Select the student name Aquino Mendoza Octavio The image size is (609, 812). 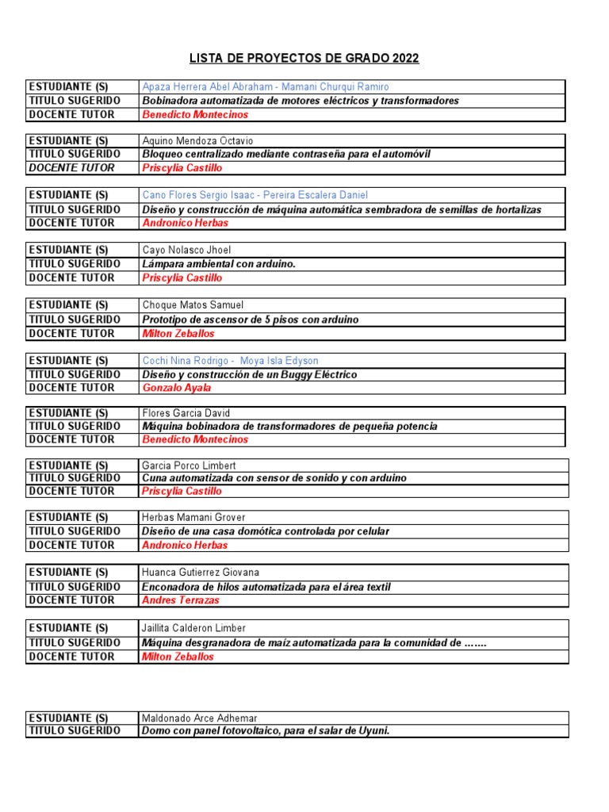[x=197, y=140]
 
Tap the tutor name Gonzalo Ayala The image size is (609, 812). [x=177, y=388]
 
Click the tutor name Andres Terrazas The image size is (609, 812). [x=180, y=600]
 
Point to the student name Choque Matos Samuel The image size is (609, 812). [x=193, y=304]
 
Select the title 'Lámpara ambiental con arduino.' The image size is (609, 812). [x=219, y=263]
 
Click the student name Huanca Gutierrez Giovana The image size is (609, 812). [x=201, y=572]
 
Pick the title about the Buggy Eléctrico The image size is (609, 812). [x=249, y=374]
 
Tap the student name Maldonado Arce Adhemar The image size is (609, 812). [x=199, y=718]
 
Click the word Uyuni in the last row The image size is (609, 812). [x=374, y=730]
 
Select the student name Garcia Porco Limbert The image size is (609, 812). [x=189, y=465]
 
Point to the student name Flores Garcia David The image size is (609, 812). [x=186, y=413]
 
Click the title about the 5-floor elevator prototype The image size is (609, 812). [x=250, y=319]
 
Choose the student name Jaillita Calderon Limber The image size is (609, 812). [x=193, y=628]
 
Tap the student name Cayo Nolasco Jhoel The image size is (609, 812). [x=186, y=250]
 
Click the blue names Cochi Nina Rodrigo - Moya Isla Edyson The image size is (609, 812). [x=230, y=361]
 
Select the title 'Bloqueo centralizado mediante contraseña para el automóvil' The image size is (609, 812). [x=286, y=154]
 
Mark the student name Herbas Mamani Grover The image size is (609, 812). [x=193, y=518]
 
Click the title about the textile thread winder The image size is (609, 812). [x=266, y=587]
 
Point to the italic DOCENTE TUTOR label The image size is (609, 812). [x=71, y=167]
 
